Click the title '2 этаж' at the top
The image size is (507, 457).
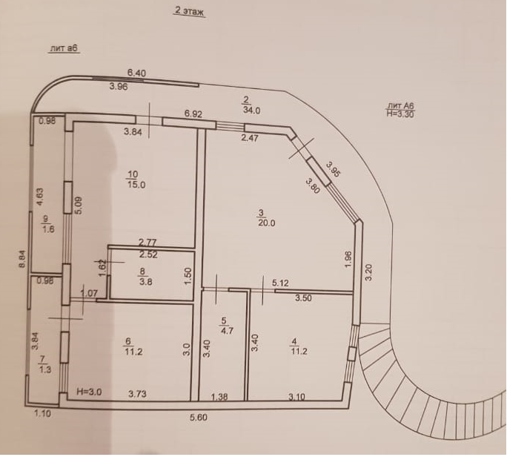click(188, 11)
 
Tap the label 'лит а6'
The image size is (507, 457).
click(64, 48)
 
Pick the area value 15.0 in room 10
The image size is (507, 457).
click(135, 185)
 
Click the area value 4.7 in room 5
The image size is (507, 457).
click(228, 332)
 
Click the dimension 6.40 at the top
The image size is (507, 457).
click(136, 73)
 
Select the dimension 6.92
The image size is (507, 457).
click(193, 114)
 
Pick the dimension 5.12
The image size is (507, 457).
click(279, 283)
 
